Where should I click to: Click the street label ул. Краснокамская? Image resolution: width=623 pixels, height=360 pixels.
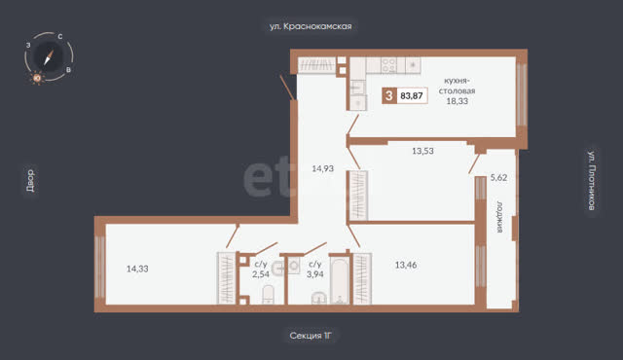click(311, 26)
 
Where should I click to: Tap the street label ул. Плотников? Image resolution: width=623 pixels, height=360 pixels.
click(592, 180)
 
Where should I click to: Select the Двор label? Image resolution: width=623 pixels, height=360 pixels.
click(30, 181)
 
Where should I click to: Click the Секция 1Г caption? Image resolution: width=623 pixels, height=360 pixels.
click(311, 336)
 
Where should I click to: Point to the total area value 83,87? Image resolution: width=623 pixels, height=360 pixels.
click(412, 95)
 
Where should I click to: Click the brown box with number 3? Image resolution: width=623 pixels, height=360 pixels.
click(389, 95)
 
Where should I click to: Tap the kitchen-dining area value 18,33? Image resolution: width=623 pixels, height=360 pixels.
click(457, 101)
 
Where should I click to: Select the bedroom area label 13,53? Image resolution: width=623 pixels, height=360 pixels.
click(422, 151)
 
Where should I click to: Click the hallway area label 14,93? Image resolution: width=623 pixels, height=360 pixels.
click(322, 168)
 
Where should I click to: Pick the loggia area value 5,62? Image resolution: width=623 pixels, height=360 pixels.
click(498, 177)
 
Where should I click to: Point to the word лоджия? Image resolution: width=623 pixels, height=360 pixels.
click(499, 217)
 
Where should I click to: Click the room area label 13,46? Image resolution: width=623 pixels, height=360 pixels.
click(406, 265)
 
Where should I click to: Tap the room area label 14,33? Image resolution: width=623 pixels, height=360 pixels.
click(137, 269)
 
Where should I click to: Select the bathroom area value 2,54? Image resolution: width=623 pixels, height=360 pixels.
click(261, 273)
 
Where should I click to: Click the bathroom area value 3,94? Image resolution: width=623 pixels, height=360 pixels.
click(315, 273)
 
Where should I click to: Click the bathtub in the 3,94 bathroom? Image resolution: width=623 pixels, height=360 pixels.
click(340, 281)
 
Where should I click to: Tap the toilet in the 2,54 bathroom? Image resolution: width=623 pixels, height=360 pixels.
click(269, 294)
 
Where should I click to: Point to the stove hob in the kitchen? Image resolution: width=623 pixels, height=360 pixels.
click(388, 65)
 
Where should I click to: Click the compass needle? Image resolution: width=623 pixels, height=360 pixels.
click(49, 57)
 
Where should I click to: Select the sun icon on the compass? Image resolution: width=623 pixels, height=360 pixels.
click(37, 78)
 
